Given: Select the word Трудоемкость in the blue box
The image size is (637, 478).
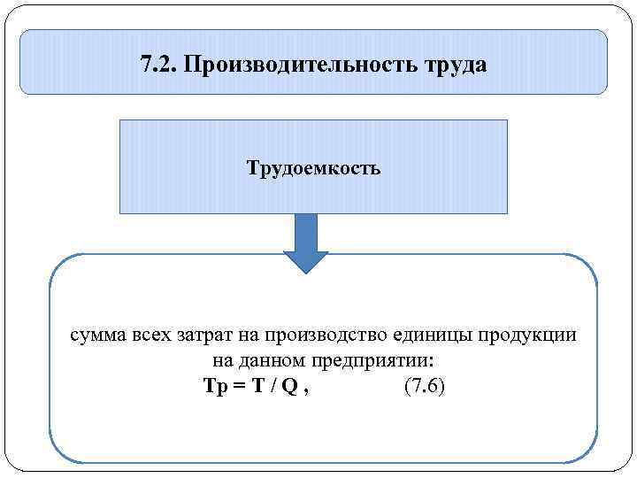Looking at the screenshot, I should click(x=314, y=167).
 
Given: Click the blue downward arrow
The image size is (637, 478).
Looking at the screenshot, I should click(x=305, y=244).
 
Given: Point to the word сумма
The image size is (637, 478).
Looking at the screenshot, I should click(x=100, y=337).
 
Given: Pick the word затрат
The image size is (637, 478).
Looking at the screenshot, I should click(x=207, y=337).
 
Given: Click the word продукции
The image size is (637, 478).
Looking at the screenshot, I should click(x=528, y=337).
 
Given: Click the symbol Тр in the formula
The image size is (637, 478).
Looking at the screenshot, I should click(x=215, y=387).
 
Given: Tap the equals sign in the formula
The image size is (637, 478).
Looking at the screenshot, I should click(x=239, y=387).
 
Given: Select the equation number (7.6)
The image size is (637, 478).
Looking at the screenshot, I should click(x=424, y=387).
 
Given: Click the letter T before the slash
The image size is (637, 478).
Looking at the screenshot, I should click(x=258, y=387).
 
